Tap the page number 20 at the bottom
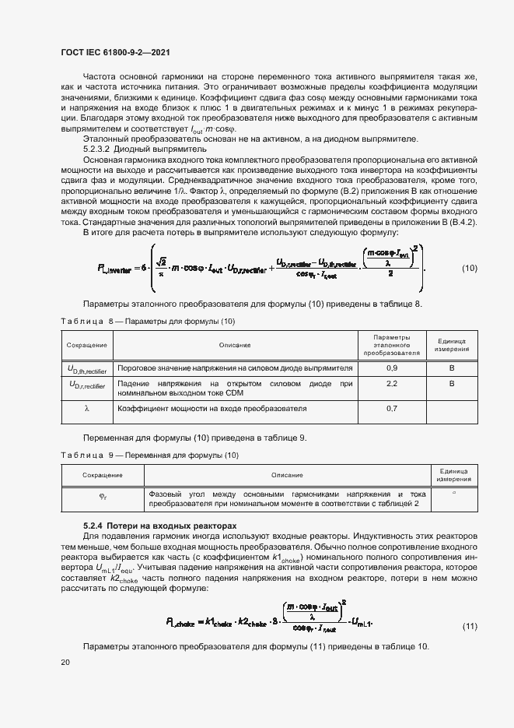click(x=65, y=662)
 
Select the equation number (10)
click(x=470, y=269)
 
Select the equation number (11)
click(x=470, y=604)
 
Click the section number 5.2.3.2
click(x=99, y=147)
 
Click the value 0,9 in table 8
click(x=391, y=368)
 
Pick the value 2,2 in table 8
click(x=391, y=385)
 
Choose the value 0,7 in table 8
click(x=391, y=408)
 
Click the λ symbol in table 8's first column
click(x=87, y=408)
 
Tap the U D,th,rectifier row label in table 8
click(x=87, y=368)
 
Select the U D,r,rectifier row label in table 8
click(x=87, y=385)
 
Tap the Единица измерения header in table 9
click(x=453, y=475)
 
